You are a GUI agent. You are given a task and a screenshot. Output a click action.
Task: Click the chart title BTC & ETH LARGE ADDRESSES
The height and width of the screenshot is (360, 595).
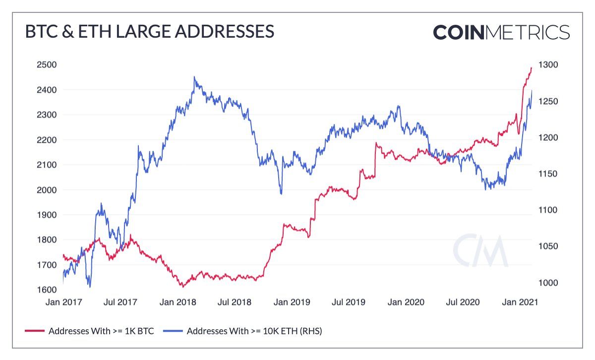point(149,31)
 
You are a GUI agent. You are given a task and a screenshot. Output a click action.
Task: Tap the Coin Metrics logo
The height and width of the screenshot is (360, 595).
point(501,32)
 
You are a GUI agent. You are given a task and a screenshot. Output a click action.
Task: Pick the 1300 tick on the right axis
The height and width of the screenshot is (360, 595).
point(549,64)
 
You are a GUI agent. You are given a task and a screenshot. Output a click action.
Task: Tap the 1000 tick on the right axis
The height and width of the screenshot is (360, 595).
point(549,283)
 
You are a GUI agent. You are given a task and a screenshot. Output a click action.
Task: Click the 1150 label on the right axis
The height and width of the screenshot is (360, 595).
point(549,174)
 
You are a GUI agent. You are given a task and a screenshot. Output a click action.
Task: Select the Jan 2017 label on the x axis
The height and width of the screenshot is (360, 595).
point(63,301)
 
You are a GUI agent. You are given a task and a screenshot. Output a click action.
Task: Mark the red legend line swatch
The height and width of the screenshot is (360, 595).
point(34,331)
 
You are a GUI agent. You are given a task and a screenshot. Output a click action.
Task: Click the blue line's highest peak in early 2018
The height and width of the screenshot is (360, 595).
point(194,77)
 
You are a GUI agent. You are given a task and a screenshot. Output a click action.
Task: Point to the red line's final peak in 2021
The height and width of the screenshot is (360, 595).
point(531,68)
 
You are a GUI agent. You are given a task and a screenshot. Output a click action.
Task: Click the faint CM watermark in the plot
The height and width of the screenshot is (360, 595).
point(480,250)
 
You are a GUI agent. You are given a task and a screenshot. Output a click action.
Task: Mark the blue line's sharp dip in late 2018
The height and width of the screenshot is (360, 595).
point(281,193)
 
